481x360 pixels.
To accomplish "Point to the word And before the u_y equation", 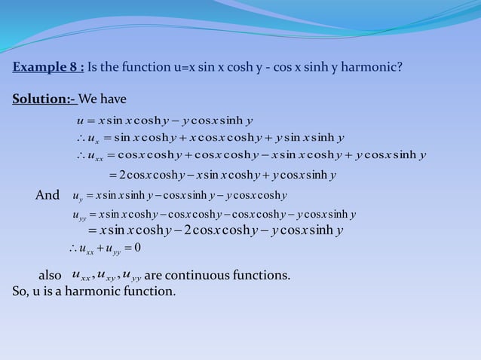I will [47, 196].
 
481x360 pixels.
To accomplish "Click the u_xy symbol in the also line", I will [109, 276].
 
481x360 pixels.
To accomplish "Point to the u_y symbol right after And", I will [78, 197].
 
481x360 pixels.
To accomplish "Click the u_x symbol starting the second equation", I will [93, 138].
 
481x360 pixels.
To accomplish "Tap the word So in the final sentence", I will [20, 291].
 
